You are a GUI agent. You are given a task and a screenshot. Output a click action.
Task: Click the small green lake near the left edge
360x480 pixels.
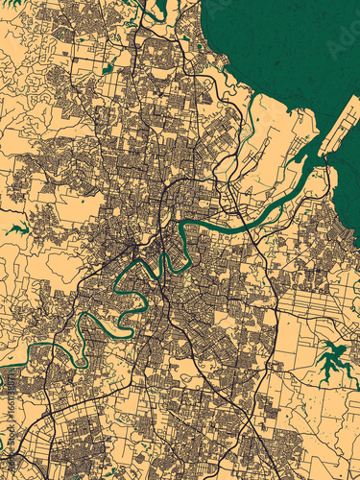click(16, 229)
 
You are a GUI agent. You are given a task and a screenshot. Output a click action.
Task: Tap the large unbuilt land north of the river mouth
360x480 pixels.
click(278, 134)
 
